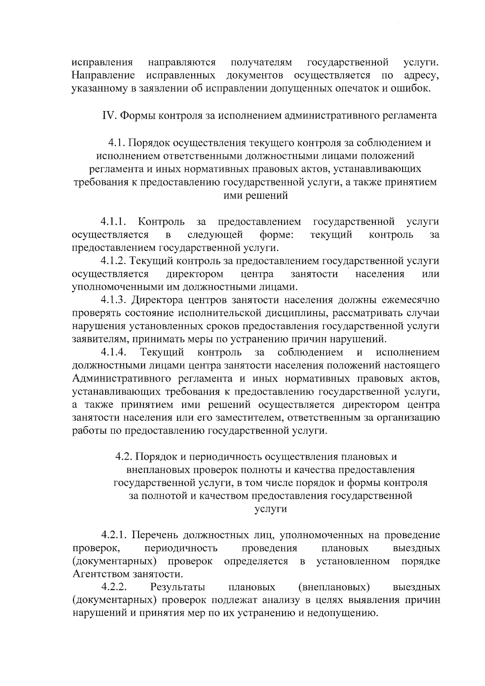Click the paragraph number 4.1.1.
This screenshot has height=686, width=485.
(x=114, y=222)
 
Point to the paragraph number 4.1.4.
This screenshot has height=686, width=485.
(x=114, y=352)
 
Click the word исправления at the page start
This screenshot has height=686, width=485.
(x=102, y=63)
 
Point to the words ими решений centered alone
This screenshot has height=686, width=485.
(x=255, y=196)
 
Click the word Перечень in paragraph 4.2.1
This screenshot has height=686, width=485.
(x=154, y=535)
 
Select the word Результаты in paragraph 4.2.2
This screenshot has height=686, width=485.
(x=177, y=587)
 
